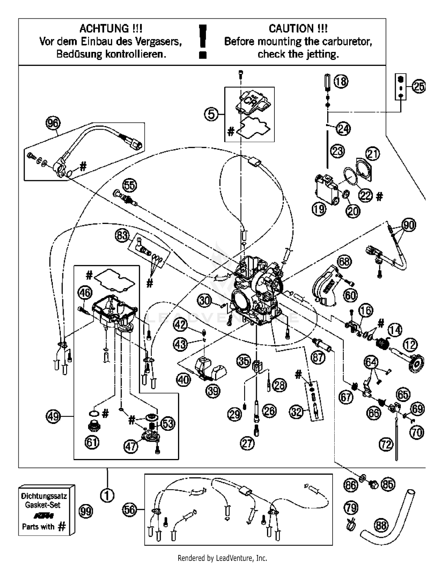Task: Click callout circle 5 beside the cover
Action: pyautogui.click(x=211, y=114)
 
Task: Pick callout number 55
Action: pyautogui.click(x=130, y=185)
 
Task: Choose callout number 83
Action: pyautogui.click(x=122, y=236)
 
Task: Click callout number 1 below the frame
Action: pyautogui.click(x=107, y=495)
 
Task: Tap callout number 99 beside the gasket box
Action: pyautogui.click(x=86, y=511)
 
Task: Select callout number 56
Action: pyautogui.click(x=130, y=510)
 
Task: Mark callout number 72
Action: pyautogui.click(x=386, y=444)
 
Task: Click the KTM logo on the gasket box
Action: pyautogui.click(x=43, y=515)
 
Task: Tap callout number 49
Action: pyautogui.click(x=53, y=416)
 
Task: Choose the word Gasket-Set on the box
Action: pyautogui.click(x=43, y=505)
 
